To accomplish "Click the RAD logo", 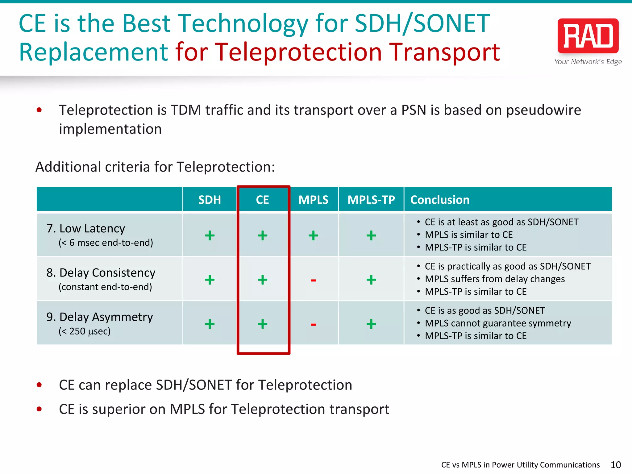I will pyautogui.click(x=588, y=36).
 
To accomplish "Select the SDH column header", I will pyautogui.click(x=210, y=200).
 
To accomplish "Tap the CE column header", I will pyautogui.click(x=262, y=200).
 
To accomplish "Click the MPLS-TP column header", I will pyautogui.click(x=371, y=200).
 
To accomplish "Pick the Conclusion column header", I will pyautogui.click(x=440, y=200).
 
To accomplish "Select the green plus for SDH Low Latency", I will pyautogui.click(x=210, y=235).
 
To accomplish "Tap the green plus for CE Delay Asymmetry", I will pyautogui.click(x=262, y=324).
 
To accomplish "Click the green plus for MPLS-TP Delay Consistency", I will pyautogui.click(x=371, y=280).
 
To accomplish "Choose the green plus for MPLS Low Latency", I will pyautogui.click(x=313, y=235).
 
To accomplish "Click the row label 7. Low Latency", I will pyautogui.click(x=86, y=229).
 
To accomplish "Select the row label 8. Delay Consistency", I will pyautogui.click(x=101, y=273).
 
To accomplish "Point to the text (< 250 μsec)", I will pyautogui.click(x=85, y=331).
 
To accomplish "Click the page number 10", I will pyautogui.click(x=616, y=465).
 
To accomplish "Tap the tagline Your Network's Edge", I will pyautogui.click(x=588, y=62).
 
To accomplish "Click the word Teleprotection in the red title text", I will pyautogui.click(x=298, y=52).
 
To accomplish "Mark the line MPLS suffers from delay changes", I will pyautogui.click(x=495, y=279).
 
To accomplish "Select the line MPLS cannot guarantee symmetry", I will pyautogui.click(x=498, y=323).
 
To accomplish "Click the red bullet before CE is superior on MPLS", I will pyautogui.click(x=39, y=409).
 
